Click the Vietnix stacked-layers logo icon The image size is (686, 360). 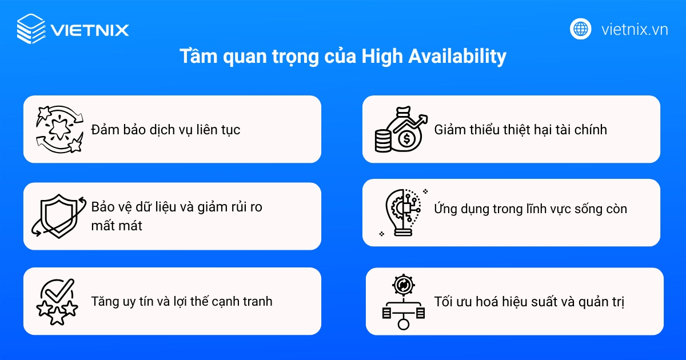point(31,29)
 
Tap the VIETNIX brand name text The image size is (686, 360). point(89,30)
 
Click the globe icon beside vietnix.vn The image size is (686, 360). point(580,29)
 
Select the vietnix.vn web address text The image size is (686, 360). point(635,30)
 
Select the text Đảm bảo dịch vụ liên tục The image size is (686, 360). point(166,130)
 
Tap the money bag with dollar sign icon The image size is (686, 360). point(407,133)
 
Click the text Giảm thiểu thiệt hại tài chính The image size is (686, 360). point(520,130)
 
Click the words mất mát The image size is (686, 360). point(117,226)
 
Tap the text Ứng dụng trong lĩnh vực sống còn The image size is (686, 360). point(531,209)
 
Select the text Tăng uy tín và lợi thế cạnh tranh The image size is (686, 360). point(182,301)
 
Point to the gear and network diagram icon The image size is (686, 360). point(403,301)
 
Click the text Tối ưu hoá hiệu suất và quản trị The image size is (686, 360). point(529,301)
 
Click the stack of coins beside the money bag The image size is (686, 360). point(384,140)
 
